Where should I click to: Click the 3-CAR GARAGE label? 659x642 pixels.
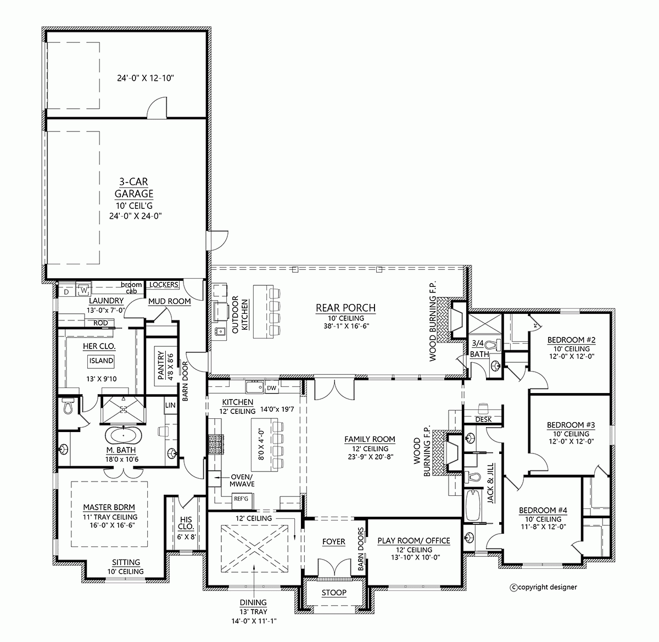[x=133, y=187]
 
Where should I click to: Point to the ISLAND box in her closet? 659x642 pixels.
[x=100, y=361]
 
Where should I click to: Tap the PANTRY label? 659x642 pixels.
[x=161, y=366]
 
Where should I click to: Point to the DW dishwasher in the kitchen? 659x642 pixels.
[x=271, y=388]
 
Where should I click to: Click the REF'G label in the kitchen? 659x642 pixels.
[x=241, y=499]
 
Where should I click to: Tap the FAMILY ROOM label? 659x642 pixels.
[x=370, y=439]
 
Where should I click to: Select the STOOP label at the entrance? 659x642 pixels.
[x=334, y=593]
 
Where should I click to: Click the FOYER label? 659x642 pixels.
[x=333, y=541]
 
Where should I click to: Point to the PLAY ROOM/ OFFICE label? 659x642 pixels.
[x=414, y=541]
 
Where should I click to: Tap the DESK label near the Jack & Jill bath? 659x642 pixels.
[x=484, y=419]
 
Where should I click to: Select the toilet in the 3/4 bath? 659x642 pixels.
[x=497, y=346]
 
